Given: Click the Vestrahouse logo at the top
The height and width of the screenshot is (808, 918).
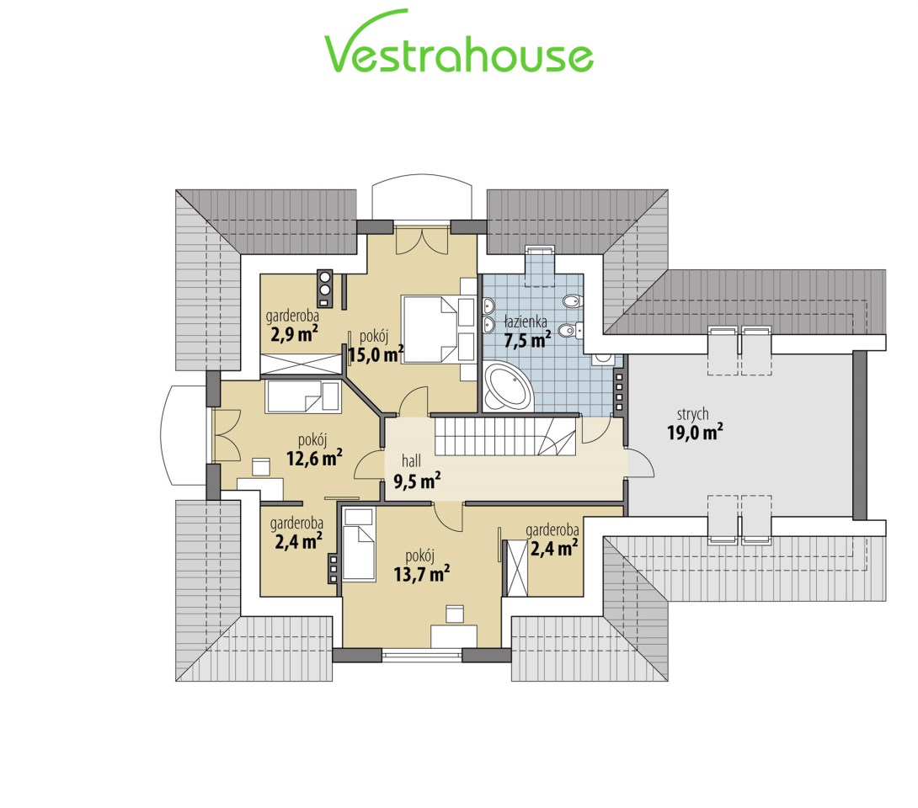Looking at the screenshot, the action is (459, 41).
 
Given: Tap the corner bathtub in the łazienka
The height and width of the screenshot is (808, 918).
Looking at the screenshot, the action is (507, 386).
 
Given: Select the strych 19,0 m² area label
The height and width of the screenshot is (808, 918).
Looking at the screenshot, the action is (694, 423).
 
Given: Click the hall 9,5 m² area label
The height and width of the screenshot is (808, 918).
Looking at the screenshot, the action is (417, 471).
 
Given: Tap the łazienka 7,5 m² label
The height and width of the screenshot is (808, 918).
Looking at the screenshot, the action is (527, 331).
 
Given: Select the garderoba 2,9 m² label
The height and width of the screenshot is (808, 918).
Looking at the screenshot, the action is (293, 326).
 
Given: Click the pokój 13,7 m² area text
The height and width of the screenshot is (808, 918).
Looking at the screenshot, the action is (422, 566).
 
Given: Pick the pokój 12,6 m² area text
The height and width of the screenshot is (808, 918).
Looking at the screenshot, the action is (314, 449).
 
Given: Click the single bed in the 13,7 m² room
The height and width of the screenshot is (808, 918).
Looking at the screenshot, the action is (358, 545).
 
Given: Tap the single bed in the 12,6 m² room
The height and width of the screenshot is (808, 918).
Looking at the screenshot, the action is (303, 397).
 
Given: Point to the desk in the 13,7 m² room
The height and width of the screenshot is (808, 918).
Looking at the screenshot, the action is (454, 636).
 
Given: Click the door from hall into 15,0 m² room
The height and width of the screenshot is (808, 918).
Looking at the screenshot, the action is (414, 402).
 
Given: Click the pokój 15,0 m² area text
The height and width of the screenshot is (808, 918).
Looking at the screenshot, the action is (376, 346).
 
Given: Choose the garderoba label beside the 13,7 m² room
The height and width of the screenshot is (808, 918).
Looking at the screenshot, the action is (552, 540).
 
